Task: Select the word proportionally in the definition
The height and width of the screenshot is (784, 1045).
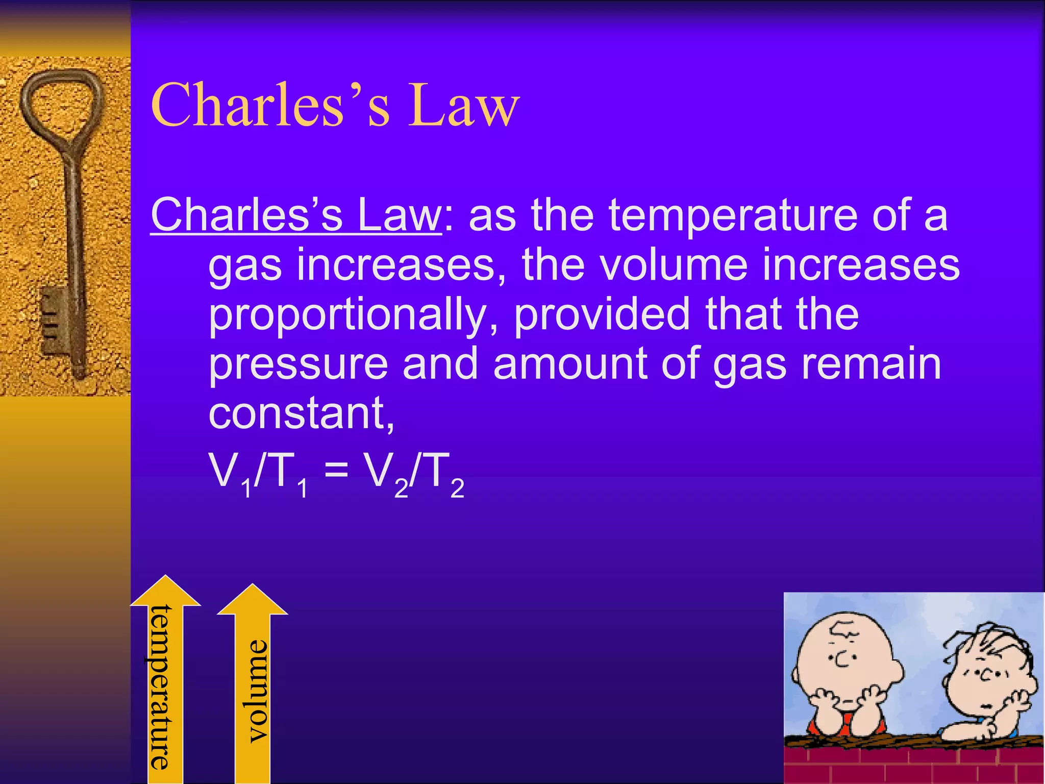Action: [x=347, y=314]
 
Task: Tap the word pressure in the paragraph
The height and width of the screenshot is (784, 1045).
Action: [x=298, y=364]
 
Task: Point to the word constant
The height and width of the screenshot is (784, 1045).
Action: [x=301, y=413]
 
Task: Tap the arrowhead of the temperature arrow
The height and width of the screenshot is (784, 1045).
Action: [x=165, y=592]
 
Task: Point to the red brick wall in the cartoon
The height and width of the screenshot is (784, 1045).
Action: [x=913, y=765]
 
